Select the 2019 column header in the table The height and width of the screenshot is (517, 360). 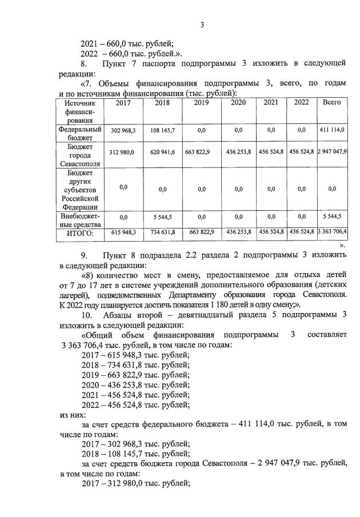point(201,103)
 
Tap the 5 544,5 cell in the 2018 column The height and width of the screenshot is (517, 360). point(162,217)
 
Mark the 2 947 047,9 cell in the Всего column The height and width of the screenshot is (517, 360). point(332,153)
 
